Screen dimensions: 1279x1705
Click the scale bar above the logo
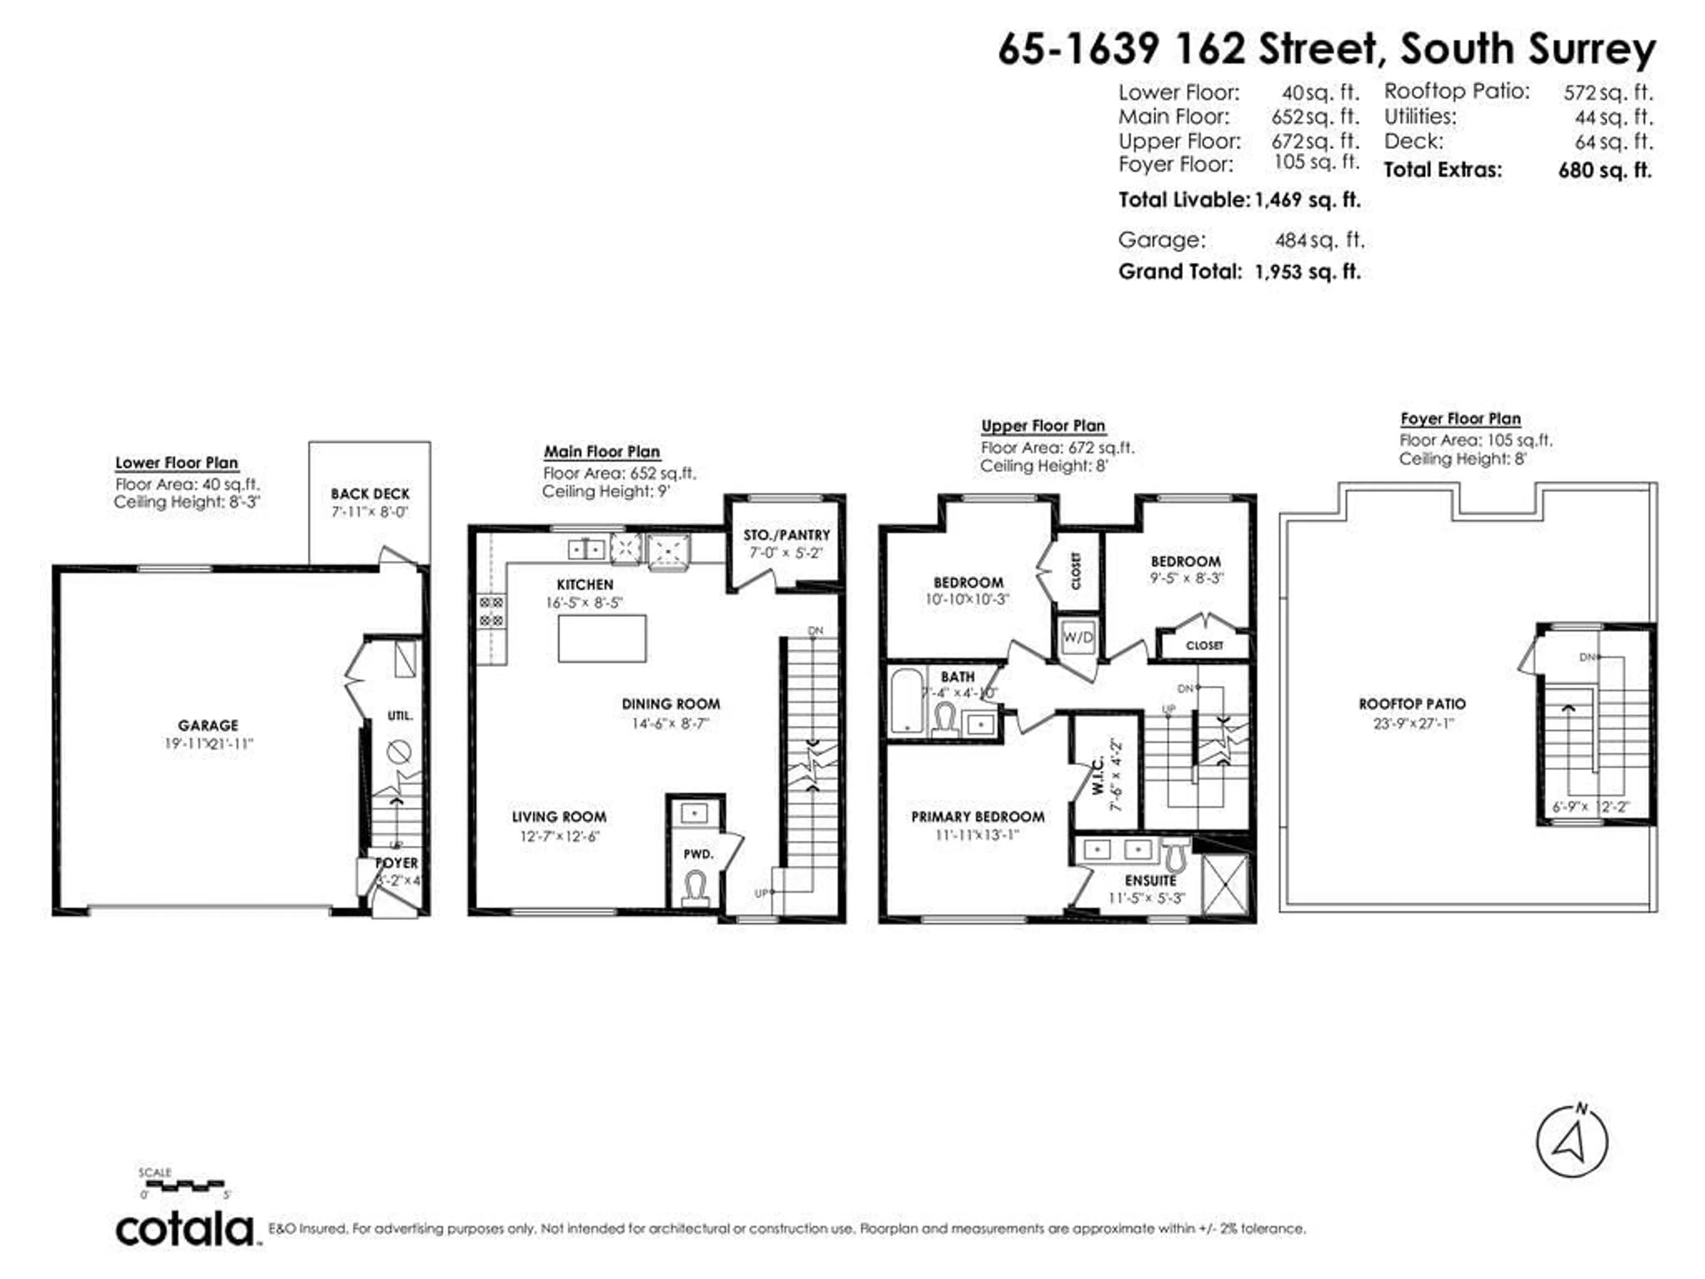(x=185, y=1184)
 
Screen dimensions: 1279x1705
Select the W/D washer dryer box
(x=1078, y=637)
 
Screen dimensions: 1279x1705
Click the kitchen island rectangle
(x=602, y=638)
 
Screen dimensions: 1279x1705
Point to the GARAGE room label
(x=208, y=726)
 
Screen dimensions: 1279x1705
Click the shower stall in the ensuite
(x=1225, y=883)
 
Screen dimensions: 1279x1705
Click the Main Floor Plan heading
(x=602, y=452)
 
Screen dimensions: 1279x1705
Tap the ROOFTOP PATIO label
(x=1412, y=704)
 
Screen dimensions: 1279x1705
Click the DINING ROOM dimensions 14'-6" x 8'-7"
(x=670, y=723)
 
